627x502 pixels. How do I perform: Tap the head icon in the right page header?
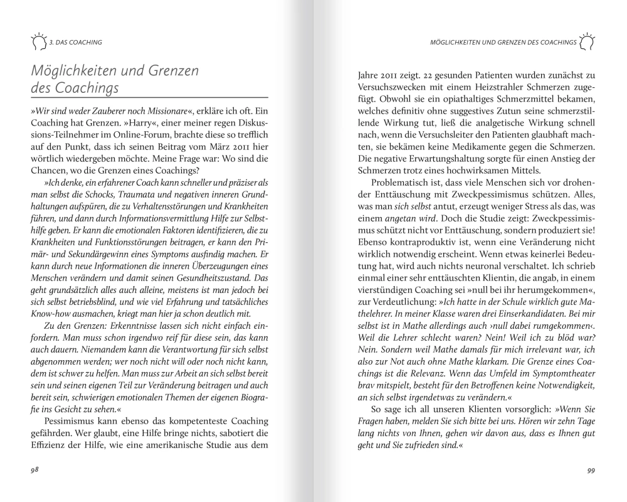click(x=587, y=42)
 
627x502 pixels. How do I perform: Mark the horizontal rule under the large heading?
click(x=149, y=97)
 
